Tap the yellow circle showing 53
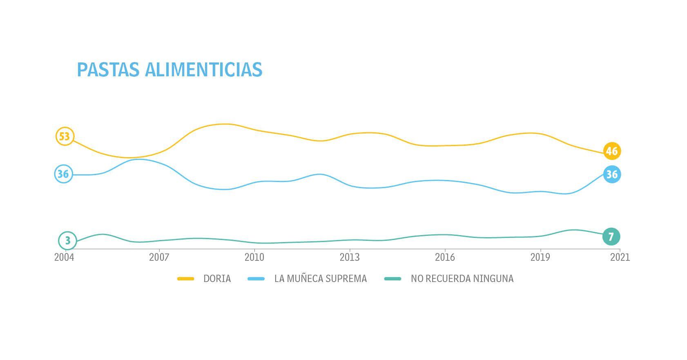pos(65,136)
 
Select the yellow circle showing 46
pos(611,151)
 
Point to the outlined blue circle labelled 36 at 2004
pos(63,174)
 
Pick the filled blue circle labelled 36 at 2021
pos(611,175)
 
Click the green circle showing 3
pos(67,241)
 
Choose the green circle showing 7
pos(611,237)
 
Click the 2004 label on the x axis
pos(64,258)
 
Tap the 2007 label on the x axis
pos(159,258)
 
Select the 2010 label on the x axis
pos(254,258)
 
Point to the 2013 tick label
pos(350,258)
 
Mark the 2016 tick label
pos(445,258)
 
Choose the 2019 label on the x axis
pos(540,258)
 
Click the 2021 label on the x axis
pos(620,258)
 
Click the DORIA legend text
pos(217,279)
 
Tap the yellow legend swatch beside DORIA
pos(185,279)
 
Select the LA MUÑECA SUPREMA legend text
pos(321,279)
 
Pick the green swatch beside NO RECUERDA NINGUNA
pos(393,279)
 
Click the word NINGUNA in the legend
pos(493,279)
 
